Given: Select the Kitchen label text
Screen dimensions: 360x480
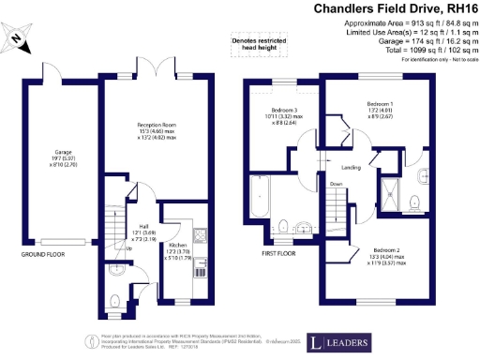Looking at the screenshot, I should [x=177, y=247].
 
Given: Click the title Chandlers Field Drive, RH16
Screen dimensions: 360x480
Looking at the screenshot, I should [x=395, y=10].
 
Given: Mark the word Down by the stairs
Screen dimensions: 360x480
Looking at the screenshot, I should [x=336, y=185].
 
